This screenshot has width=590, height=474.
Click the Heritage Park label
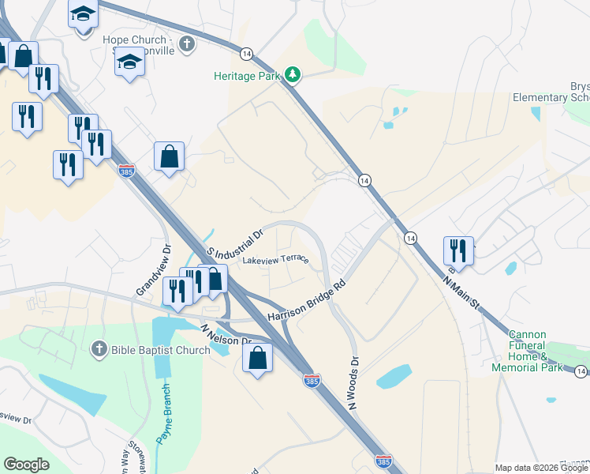(x=247, y=76)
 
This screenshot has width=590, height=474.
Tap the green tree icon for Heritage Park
(x=293, y=75)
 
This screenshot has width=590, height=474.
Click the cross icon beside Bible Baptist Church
(x=99, y=348)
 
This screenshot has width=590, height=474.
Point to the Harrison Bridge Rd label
(x=307, y=301)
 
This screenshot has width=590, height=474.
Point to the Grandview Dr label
(x=152, y=270)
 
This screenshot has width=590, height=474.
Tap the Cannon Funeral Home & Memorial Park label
(x=538, y=351)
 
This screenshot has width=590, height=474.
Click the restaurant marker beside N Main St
(x=458, y=250)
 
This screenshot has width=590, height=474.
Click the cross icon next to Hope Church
(x=188, y=43)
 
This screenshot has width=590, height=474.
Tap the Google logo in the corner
(x=26, y=465)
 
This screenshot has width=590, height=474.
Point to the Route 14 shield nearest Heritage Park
(x=247, y=54)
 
